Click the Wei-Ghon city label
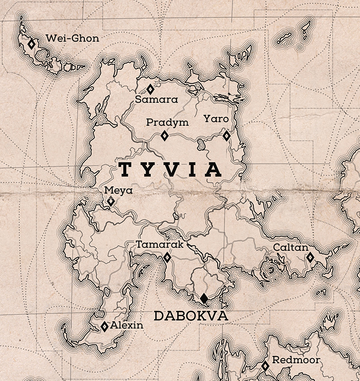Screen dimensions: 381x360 [72, 38]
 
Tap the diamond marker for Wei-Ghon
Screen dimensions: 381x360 [31, 44]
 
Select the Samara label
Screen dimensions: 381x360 [156, 99]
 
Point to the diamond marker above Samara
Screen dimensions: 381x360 [150, 89]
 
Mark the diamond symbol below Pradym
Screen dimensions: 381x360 [164, 136]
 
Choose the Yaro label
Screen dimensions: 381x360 [216, 119]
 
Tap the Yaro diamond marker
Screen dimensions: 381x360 [227, 135]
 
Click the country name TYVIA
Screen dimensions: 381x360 [171, 170]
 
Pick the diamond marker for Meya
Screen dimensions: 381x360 [111, 202]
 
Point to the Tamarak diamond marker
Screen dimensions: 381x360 [167, 257]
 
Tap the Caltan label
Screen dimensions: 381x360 [291, 248]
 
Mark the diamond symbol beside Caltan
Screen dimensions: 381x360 [310, 257]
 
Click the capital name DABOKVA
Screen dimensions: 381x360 [191, 316]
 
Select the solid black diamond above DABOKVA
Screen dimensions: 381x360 [204, 298]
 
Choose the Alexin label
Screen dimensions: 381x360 [127, 325]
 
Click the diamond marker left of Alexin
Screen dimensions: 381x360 [105, 327]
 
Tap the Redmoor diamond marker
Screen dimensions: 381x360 [265, 366]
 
